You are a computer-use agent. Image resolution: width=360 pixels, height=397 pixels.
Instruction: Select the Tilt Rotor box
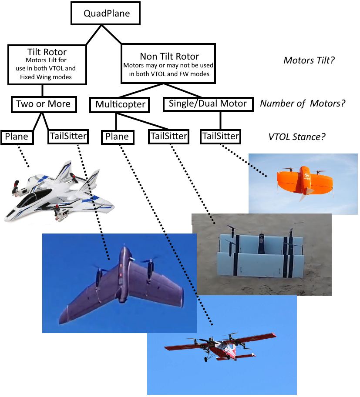point(47,64)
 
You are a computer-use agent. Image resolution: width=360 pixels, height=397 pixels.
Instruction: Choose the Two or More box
point(43,104)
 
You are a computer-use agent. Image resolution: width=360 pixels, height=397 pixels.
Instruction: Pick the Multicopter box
point(119,105)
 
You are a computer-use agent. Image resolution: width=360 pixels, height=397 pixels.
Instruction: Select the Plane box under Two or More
point(17,137)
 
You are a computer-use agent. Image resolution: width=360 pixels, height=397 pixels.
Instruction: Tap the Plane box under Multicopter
point(118,137)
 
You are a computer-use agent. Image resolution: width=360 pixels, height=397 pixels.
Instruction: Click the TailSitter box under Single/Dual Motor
point(220,137)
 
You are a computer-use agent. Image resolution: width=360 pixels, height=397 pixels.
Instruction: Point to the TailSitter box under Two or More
point(67,137)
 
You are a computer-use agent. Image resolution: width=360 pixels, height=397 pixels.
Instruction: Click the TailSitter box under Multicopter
point(168,137)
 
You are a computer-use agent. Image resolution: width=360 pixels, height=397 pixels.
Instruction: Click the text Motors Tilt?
point(309,60)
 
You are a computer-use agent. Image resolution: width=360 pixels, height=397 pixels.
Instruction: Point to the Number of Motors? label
point(303,103)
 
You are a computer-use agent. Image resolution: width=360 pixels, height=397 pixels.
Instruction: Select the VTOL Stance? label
point(297,137)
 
